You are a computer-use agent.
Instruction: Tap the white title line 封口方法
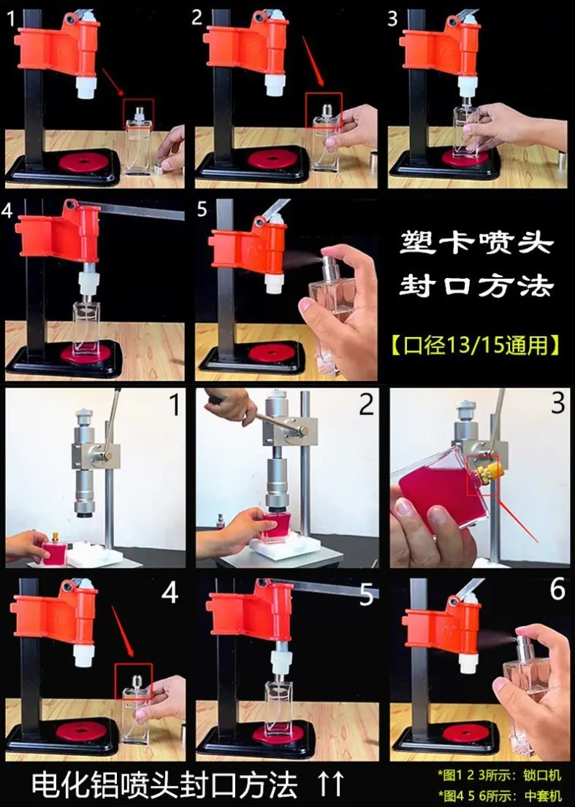pos(476,285)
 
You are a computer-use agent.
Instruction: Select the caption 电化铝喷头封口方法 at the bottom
pos(165,784)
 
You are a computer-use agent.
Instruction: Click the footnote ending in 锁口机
pos(499,775)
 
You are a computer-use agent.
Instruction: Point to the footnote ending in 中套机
pos(499,795)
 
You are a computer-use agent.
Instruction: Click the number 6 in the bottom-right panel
pos(557,589)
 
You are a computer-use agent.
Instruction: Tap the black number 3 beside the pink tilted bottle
pos(558,403)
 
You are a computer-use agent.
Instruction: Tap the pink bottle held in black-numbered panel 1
pos(54,552)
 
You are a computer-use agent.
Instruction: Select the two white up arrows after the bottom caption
pos(330,784)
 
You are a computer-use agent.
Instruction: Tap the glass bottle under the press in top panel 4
pos(86,327)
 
